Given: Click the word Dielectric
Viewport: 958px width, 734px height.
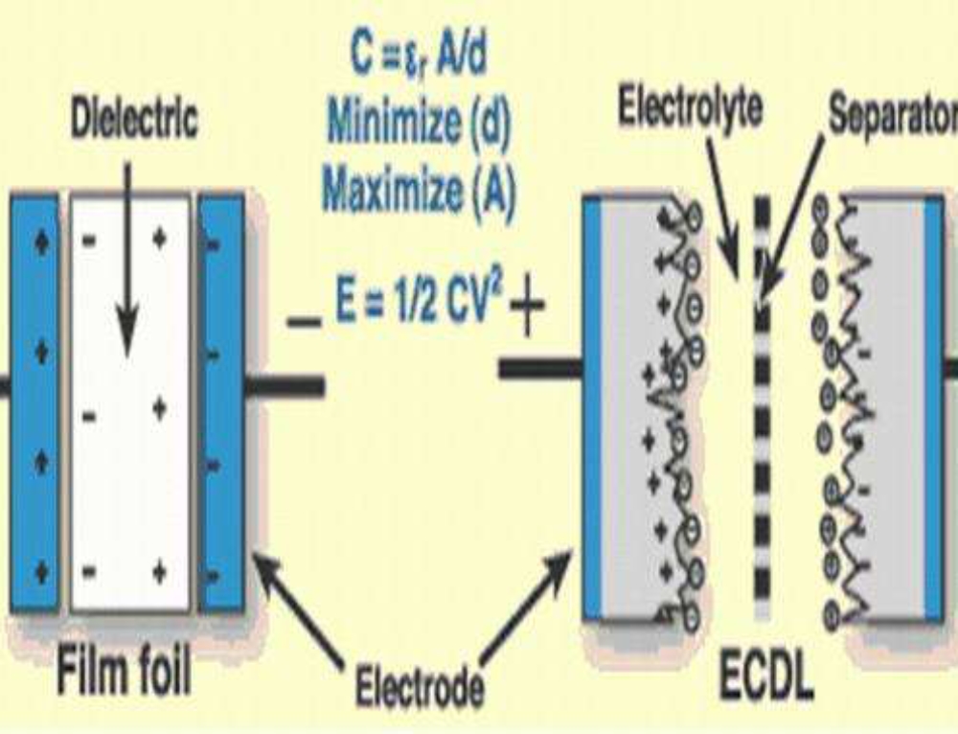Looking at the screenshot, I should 134,121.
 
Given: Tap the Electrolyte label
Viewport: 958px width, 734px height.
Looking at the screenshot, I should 690,108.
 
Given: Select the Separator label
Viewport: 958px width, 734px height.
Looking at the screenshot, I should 891,115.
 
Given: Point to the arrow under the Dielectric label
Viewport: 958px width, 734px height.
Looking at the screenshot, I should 126,287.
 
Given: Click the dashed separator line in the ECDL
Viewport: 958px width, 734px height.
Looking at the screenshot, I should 763,412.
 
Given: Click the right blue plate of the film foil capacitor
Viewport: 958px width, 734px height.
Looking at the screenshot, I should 221,402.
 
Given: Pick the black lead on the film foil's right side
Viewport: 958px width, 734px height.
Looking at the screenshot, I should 285,385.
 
